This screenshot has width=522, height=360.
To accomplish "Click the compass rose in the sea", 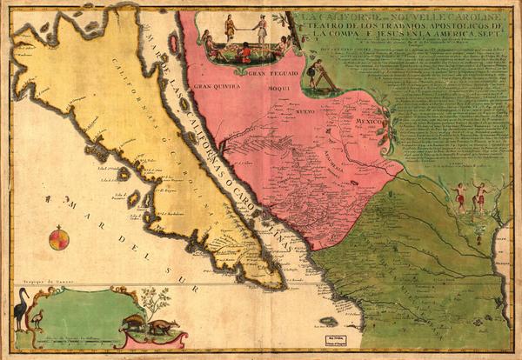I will pos(59,237).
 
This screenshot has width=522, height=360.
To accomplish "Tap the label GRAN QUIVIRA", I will pos(214,87).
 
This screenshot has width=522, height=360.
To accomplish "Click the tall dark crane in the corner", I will pos(19,310).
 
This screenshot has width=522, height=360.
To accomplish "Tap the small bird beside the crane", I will pos(37,321).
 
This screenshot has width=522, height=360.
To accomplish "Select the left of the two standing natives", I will pos(459,198).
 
